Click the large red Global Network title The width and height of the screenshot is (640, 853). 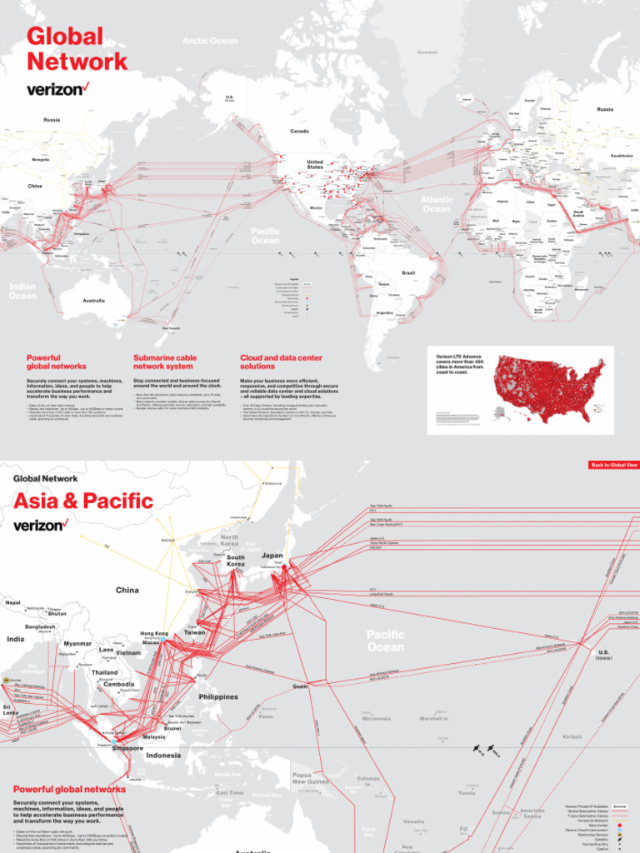point(77,48)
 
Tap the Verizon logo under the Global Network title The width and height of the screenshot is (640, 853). point(57,88)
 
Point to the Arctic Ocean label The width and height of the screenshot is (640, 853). point(210,41)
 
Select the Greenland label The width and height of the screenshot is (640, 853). point(427,52)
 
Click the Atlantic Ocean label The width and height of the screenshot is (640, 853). point(437,204)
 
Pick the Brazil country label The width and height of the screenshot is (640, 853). point(408,272)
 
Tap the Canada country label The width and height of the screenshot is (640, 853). point(299,131)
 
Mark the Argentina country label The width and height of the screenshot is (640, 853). point(384,312)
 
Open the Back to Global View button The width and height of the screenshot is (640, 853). point(613,464)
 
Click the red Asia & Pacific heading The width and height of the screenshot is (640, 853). point(83,501)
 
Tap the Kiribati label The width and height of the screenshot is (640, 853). point(572,736)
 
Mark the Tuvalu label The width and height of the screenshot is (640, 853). point(467,793)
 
